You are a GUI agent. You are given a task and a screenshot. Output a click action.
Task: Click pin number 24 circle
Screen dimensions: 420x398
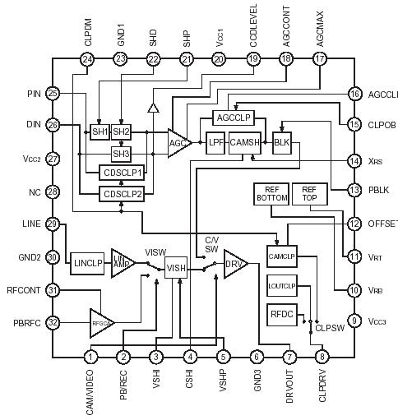pyautogui.click(x=87, y=59)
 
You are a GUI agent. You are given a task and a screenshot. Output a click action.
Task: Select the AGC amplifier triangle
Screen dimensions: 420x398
pyautogui.click(x=178, y=141)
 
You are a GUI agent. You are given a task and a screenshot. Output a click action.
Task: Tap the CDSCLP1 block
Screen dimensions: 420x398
pyautogui.click(x=122, y=173)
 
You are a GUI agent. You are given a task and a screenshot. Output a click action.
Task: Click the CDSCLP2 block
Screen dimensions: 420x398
pyautogui.click(x=122, y=193)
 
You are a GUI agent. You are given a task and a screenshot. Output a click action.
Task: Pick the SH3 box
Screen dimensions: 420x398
pyautogui.click(x=121, y=153)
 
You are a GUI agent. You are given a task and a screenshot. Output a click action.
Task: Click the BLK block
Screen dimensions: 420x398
pyautogui.click(x=282, y=141)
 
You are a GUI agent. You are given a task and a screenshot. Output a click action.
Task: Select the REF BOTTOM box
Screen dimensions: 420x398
pyautogui.click(x=270, y=194)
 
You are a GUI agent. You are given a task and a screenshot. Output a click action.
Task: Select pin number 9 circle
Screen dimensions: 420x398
pyautogui.click(x=354, y=321)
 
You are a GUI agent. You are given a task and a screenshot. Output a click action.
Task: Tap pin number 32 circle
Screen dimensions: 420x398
pyautogui.click(x=53, y=321)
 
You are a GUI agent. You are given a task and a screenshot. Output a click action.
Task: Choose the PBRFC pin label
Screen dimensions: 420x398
pyautogui.click(x=23, y=321)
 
